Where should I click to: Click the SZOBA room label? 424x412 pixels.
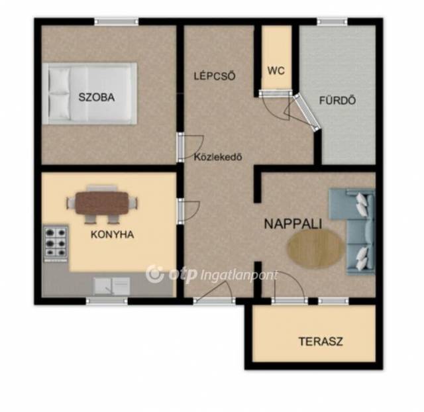[x=97, y=97]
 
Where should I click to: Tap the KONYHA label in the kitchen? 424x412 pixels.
[x=112, y=234]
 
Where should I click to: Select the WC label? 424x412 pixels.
[x=276, y=71]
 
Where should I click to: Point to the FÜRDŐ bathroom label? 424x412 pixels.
[x=337, y=100]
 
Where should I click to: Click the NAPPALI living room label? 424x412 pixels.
[x=293, y=224]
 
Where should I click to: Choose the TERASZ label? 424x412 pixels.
[x=321, y=342]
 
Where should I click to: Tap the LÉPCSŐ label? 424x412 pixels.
[x=215, y=76]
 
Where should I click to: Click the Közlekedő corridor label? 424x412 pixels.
[x=218, y=157]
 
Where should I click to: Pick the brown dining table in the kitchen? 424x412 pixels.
[x=101, y=203]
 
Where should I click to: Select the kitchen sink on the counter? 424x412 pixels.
[x=112, y=286]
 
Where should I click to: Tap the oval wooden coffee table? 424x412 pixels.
[x=315, y=248]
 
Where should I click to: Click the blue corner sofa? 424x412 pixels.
[x=352, y=232]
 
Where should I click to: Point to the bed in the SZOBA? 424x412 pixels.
[x=89, y=93]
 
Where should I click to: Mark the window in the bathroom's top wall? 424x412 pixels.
[x=332, y=22]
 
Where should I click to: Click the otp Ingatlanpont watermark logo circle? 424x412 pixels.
[x=155, y=274]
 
